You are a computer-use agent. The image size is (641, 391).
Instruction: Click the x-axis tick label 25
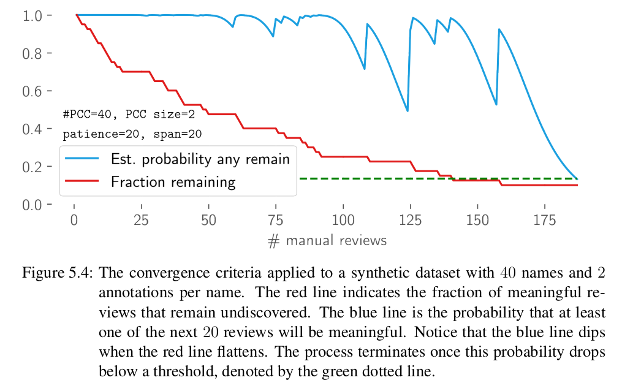142,220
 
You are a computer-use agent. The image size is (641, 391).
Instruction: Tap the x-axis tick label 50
209,220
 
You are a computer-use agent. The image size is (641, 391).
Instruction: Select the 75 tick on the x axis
276,220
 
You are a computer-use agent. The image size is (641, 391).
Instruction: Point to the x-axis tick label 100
344,220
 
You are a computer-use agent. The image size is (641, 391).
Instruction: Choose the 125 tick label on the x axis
411,220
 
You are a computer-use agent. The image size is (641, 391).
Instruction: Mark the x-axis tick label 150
478,220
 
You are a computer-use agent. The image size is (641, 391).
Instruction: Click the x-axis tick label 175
545,220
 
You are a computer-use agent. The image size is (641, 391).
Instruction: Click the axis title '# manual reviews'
327,240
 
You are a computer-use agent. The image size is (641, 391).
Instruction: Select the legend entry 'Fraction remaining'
173,181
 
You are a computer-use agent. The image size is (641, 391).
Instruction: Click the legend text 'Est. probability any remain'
200,159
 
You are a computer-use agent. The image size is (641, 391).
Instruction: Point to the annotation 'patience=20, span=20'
132,134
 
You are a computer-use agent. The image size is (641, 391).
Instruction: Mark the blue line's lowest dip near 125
408,111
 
